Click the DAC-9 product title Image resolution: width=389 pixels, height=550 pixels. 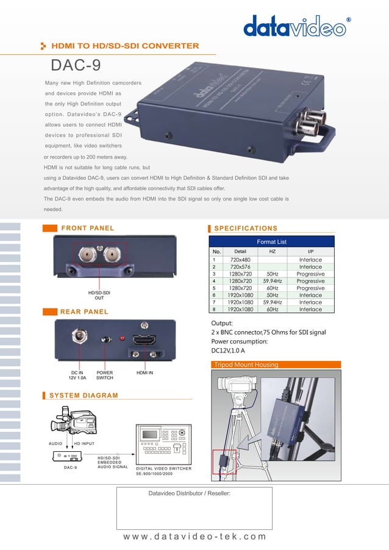76,65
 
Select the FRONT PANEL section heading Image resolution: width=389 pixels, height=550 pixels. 87,228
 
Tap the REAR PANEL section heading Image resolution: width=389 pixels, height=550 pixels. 84,312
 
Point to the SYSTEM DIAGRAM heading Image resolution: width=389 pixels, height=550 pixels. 84,395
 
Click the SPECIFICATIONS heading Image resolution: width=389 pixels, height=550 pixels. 246,228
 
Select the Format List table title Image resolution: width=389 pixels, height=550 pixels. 271,242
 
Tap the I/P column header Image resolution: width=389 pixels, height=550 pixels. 311,251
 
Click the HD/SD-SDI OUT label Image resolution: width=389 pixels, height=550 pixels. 99,295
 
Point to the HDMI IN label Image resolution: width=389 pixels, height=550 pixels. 145,372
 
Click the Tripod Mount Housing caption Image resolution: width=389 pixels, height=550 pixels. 244,365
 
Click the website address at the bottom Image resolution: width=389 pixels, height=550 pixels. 194,537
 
